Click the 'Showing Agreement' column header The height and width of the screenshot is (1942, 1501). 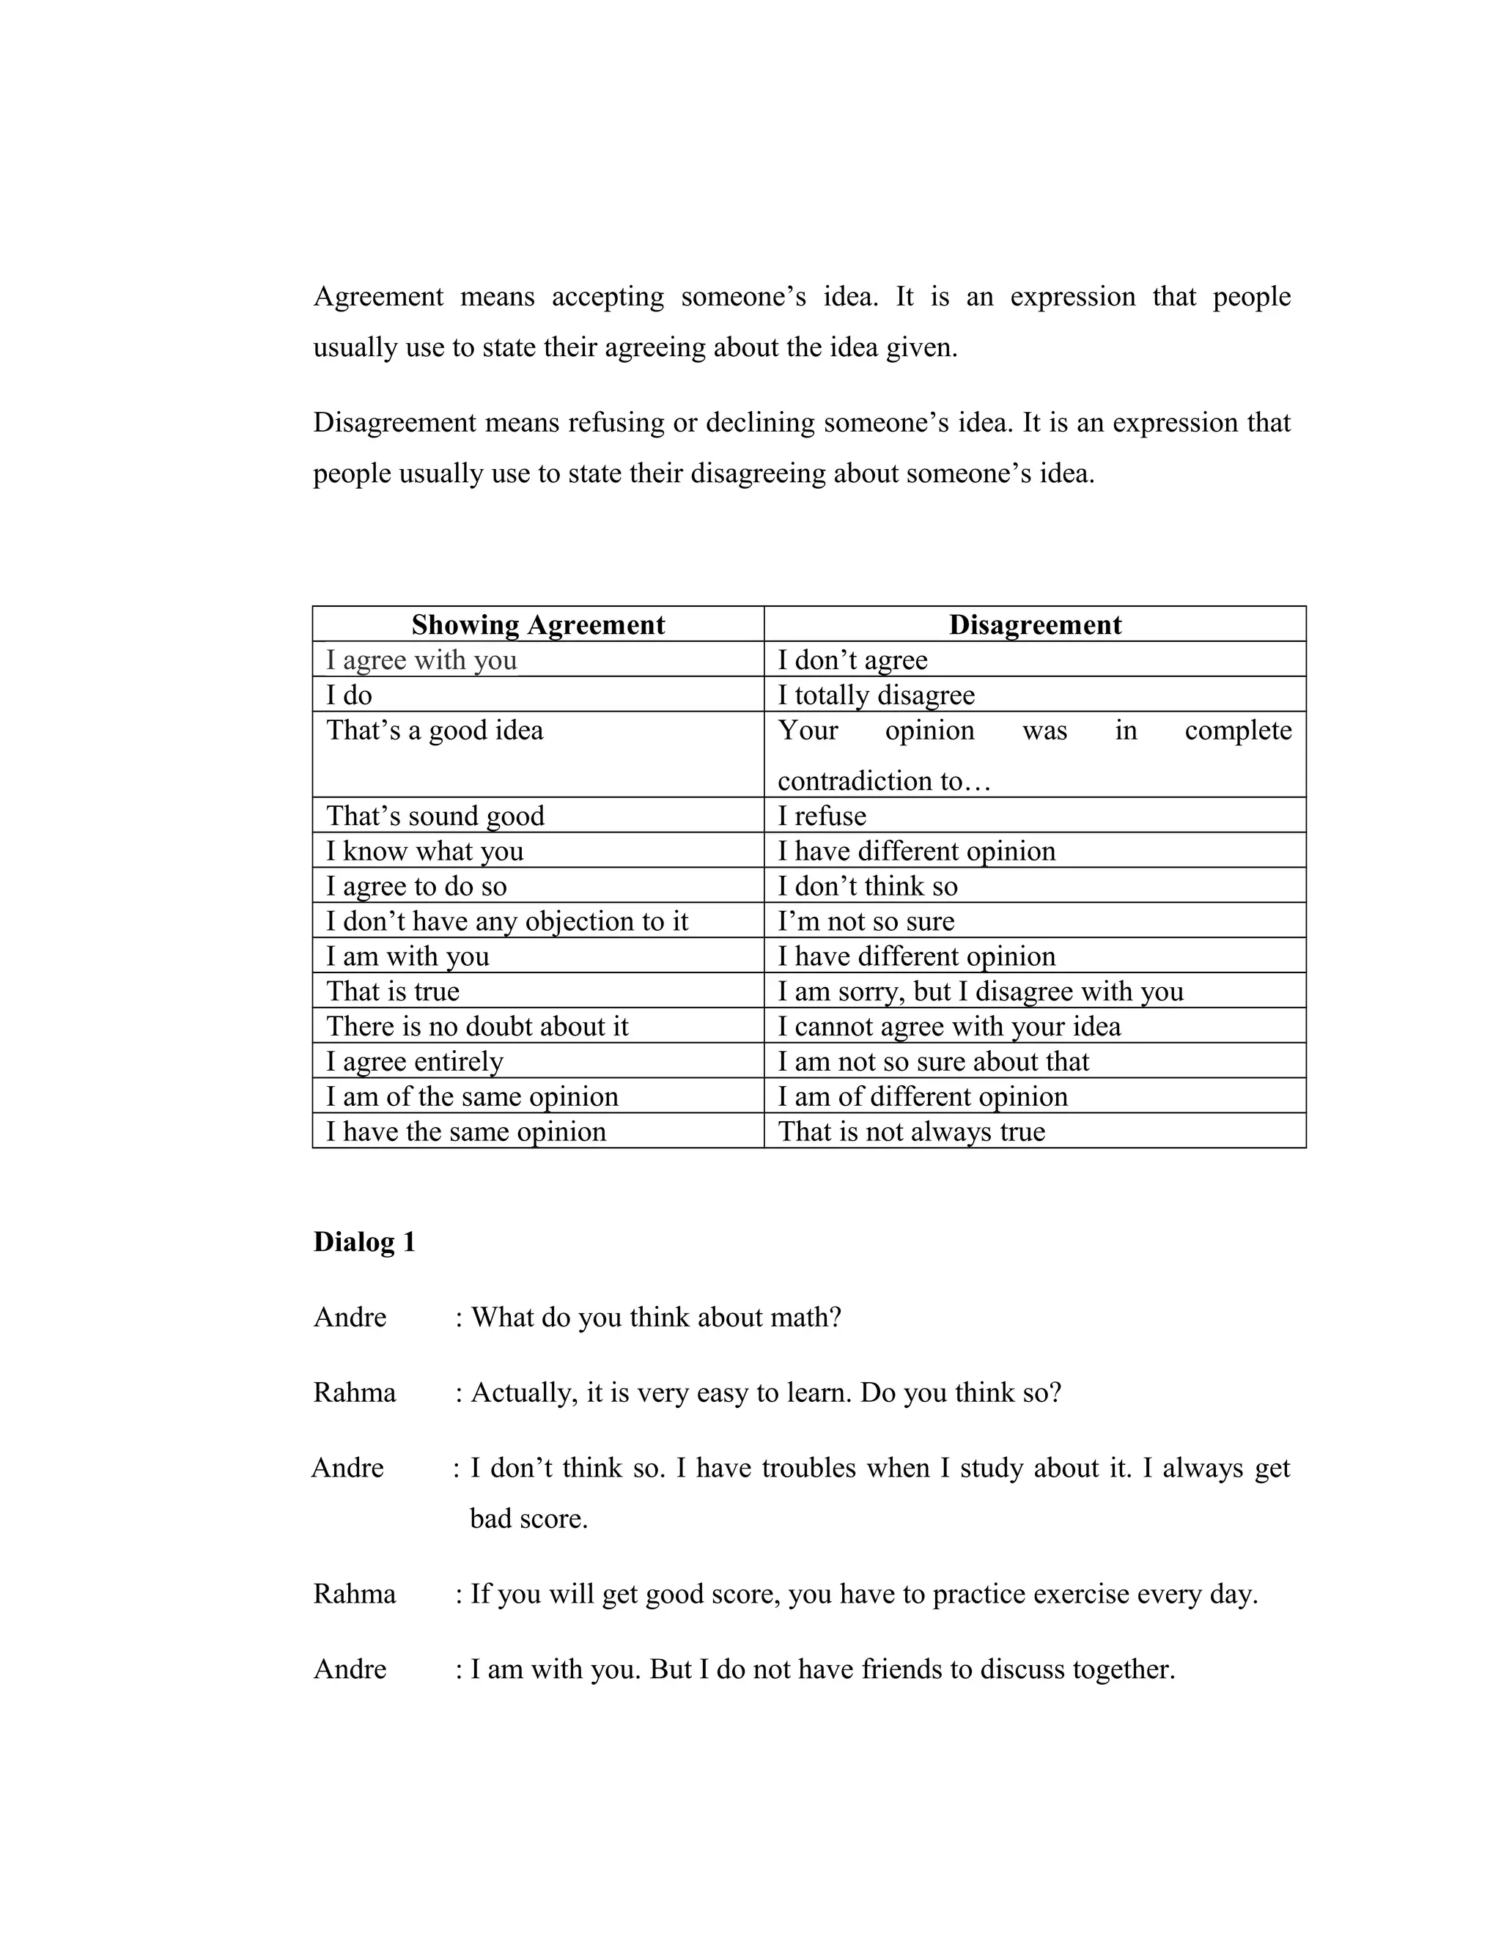pos(537,625)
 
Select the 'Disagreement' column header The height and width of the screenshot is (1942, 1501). pos(1034,625)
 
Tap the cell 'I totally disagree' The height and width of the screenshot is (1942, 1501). pos(876,695)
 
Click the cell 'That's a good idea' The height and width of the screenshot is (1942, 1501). pos(435,731)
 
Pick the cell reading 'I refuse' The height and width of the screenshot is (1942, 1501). pos(822,816)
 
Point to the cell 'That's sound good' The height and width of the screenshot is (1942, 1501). pos(435,816)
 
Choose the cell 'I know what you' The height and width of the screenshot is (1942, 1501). pos(424,852)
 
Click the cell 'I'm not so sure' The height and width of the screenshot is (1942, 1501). pos(866,922)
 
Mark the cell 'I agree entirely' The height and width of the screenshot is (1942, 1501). pos(414,1062)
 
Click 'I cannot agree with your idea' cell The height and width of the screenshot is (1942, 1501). pos(949,1027)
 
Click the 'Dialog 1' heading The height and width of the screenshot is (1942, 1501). pos(364,1242)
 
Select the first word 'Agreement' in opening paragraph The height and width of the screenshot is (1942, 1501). pos(378,297)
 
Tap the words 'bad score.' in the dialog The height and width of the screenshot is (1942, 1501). pos(529,1518)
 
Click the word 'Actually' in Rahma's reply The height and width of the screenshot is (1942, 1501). pos(524,1393)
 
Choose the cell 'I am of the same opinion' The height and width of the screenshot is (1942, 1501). pos(471,1097)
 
